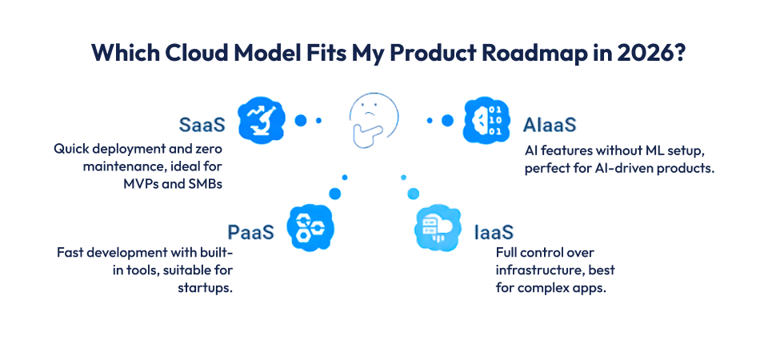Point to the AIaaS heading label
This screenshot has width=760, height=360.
pyautogui.click(x=550, y=125)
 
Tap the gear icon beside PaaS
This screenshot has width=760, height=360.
pyautogui.click(x=310, y=227)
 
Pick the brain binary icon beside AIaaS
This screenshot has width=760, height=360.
pyautogui.click(x=487, y=121)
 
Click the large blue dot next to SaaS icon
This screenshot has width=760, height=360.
pyautogui.click(x=301, y=121)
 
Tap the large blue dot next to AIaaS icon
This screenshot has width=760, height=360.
pyautogui.click(x=447, y=121)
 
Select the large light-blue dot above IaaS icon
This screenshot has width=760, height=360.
pyautogui.click(x=414, y=193)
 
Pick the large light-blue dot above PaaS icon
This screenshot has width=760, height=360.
pyautogui.click(x=334, y=193)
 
